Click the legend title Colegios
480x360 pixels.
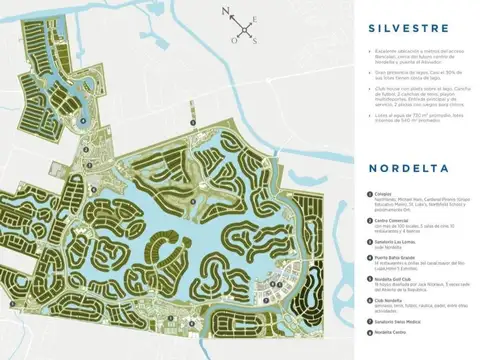click(x=382, y=194)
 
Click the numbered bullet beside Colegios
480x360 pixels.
click(x=368, y=194)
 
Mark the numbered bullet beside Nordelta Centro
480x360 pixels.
click(x=368, y=336)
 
